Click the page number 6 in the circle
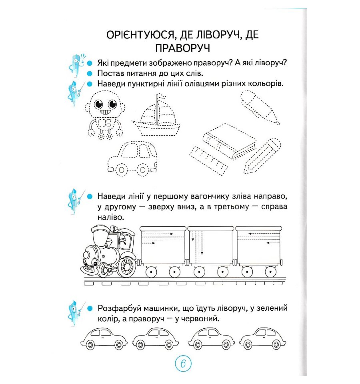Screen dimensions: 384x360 183,364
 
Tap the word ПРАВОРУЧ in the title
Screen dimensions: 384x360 182,48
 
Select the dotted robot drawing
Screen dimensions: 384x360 105,114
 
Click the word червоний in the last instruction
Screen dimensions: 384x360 198,319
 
